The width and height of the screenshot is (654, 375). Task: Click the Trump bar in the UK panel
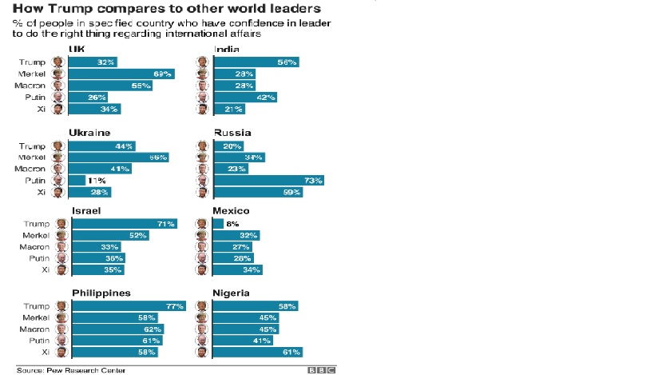click(93, 62)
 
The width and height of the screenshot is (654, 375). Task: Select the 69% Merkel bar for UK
click(121, 73)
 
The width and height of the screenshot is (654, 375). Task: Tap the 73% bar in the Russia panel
click(268, 181)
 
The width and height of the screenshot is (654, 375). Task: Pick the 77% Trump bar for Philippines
click(129, 305)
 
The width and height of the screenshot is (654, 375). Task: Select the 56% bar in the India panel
click(256, 62)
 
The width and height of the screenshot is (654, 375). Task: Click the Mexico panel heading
click(232, 211)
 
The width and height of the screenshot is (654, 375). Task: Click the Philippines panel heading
click(101, 293)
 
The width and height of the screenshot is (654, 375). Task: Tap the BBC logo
click(321, 370)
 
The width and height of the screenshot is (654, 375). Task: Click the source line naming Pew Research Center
click(61, 370)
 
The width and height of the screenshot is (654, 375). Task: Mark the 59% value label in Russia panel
click(291, 192)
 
